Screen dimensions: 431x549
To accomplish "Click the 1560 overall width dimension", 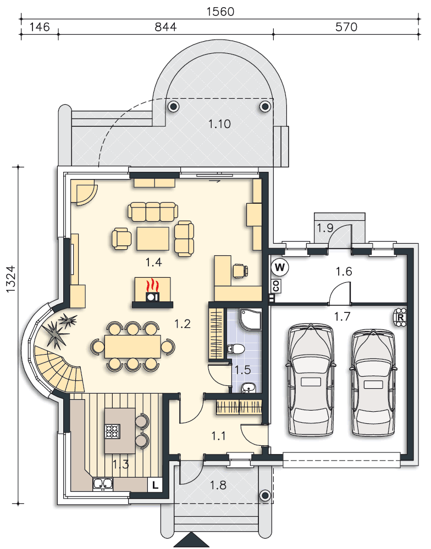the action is tap(220, 12).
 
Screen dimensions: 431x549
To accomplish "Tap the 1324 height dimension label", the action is tap(11, 279).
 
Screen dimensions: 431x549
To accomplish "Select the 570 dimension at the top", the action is tap(346, 27).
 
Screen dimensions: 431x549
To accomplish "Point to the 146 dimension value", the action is tap(40, 27).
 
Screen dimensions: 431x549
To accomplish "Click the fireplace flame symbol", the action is tap(152, 285).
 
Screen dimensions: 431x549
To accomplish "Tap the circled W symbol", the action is tap(280, 267).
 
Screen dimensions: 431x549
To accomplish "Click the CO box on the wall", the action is tap(277, 287).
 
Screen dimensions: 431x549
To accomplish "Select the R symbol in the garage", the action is tap(400, 317).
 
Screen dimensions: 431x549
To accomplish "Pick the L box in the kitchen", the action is tap(154, 485).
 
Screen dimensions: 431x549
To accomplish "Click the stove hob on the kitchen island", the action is tap(113, 431).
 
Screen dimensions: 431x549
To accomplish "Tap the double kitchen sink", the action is tap(103, 484).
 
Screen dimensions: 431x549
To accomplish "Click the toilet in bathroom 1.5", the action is tap(236, 349).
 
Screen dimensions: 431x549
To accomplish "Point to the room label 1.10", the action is tap(219, 124).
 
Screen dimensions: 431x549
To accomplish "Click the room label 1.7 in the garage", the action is tap(342, 317).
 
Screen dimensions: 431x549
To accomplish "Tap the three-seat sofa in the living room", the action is tap(153, 211).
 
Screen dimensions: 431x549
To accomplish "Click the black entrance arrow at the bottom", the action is tap(191, 541).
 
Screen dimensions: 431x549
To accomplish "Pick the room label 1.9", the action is tap(325, 228).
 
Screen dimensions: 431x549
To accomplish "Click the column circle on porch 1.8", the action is tap(265, 495).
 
